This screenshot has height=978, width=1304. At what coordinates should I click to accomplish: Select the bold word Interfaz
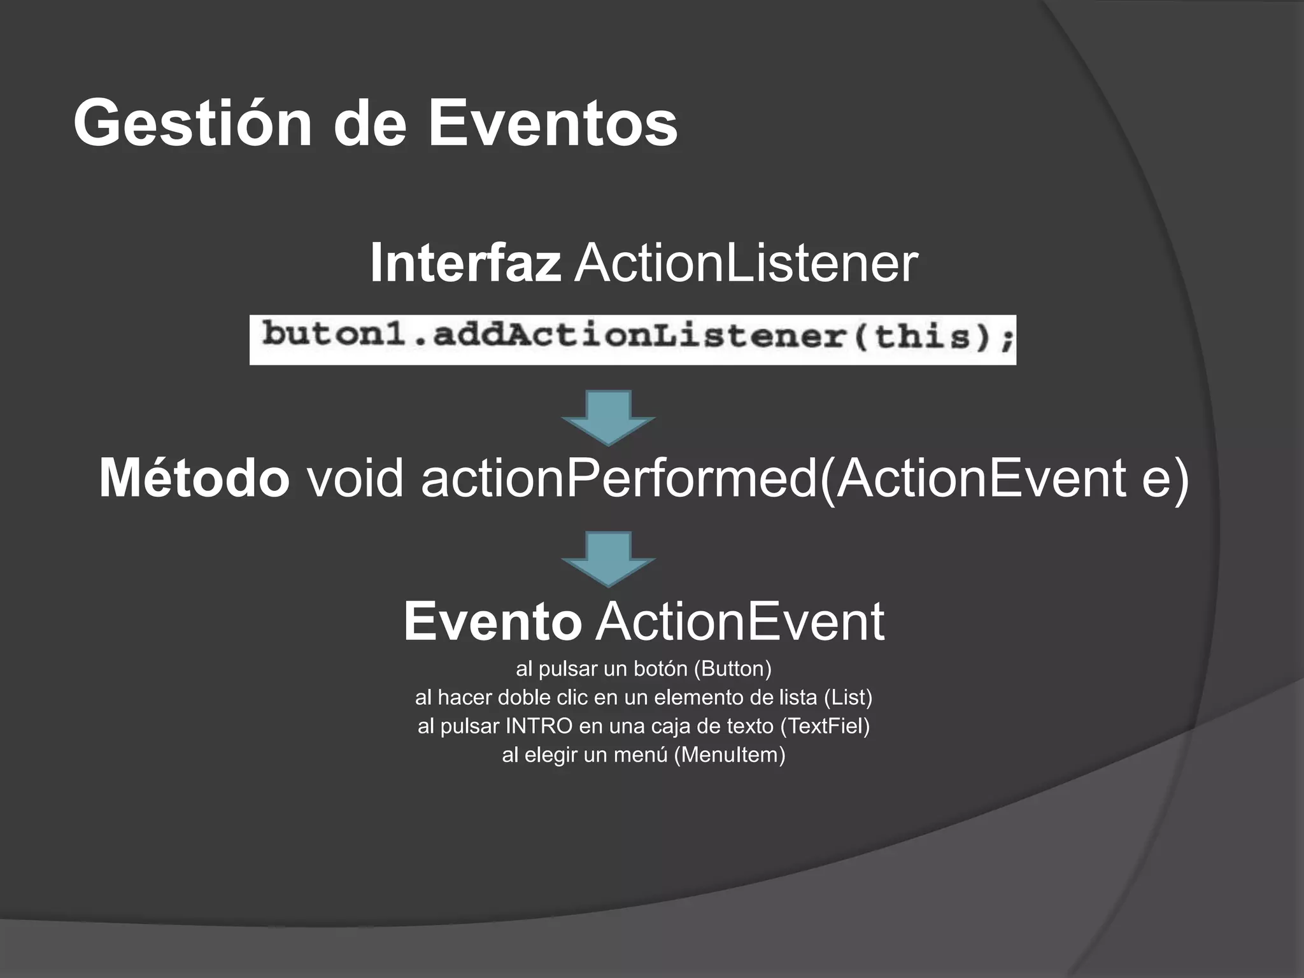(x=465, y=263)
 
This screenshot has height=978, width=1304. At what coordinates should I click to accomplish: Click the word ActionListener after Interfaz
(x=746, y=263)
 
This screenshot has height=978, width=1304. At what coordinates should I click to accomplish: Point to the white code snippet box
(x=632, y=339)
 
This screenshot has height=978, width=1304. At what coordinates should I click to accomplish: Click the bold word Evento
(x=492, y=621)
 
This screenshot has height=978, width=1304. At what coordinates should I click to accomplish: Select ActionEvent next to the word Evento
(x=740, y=621)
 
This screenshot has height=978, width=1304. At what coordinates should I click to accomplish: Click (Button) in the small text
(x=732, y=669)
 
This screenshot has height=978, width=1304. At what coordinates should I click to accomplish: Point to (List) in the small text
(x=847, y=698)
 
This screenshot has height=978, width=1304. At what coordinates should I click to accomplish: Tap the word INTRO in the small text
(x=539, y=726)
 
